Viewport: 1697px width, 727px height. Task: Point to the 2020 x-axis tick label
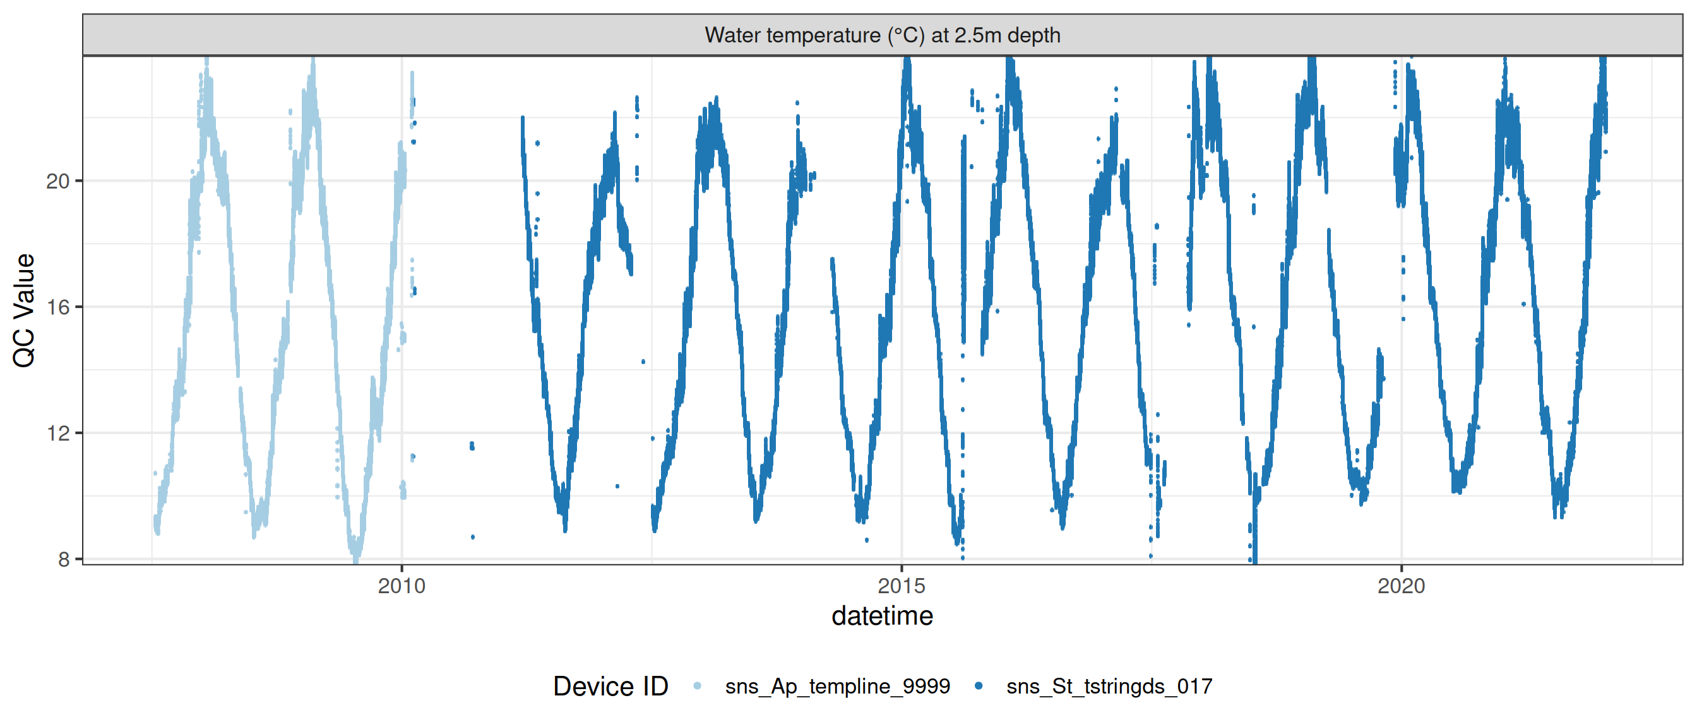pos(1401,586)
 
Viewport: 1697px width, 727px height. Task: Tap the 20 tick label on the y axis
pos(58,181)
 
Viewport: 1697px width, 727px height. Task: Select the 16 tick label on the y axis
pos(58,307)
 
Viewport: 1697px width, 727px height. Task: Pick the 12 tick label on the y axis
pos(58,434)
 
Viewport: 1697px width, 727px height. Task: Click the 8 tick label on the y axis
pos(64,559)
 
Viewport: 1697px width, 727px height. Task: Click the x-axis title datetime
pos(882,617)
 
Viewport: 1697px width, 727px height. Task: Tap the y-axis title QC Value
pos(25,309)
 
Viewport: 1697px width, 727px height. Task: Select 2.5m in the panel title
pos(977,35)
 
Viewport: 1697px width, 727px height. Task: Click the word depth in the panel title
pos(1033,35)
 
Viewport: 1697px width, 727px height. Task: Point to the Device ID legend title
pos(610,686)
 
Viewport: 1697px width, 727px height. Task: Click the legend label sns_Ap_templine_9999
pos(837,686)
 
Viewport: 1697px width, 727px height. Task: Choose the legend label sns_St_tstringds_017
pos(1109,686)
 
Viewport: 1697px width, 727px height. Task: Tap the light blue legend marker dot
pos(698,686)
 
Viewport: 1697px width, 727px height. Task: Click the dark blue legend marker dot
pos(979,686)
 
